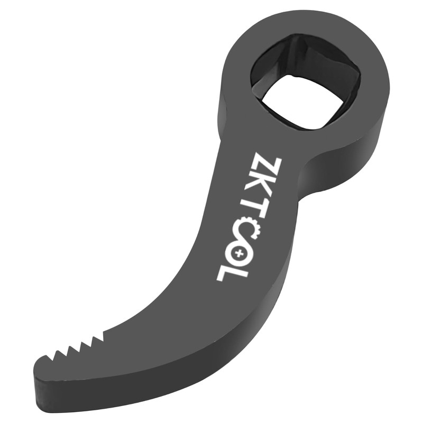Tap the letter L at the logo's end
tap(231, 273)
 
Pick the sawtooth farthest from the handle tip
tap(98, 338)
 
